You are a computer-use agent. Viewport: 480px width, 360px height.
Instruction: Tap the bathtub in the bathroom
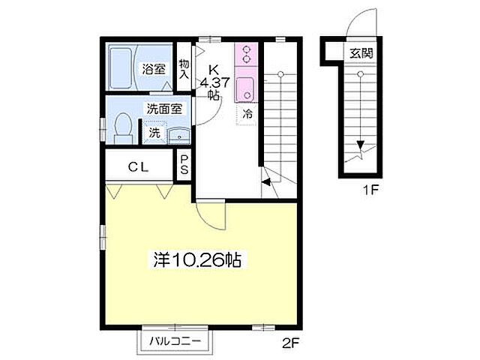tap(122, 68)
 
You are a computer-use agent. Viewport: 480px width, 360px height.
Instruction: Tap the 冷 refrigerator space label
tap(247, 115)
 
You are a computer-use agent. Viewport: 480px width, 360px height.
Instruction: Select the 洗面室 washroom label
tap(164, 109)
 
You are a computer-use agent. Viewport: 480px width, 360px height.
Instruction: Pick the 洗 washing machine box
tap(154, 134)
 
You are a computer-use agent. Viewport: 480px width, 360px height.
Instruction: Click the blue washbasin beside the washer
tap(178, 135)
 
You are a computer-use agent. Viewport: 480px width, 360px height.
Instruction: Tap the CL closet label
tap(137, 166)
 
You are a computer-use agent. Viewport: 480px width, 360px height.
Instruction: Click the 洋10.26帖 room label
tap(196, 260)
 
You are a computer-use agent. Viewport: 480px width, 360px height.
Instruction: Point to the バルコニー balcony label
tap(173, 341)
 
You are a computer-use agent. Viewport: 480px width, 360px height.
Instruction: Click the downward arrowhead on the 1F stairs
tap(361, 146)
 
